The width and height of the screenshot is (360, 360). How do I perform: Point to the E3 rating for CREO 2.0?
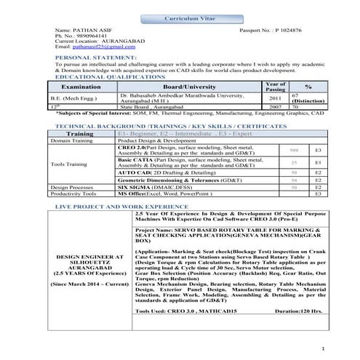[x=318, y=149]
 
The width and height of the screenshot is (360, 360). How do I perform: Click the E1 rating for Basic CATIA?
[x=318, y=163]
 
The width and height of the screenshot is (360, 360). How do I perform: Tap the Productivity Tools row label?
[x=74, y=195]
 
